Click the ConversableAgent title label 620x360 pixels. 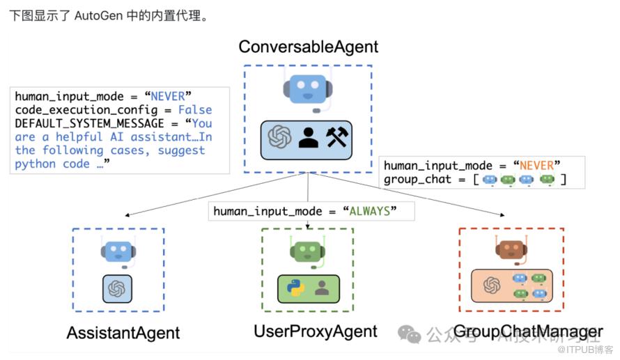click(308, 47)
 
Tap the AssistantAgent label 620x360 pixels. click(123, 333)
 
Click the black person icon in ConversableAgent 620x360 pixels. click(308, 137)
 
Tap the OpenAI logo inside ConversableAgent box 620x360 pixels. click(279, 137)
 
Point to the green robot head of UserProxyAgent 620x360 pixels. click(307, 251)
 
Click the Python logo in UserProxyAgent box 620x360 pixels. click(296, 288)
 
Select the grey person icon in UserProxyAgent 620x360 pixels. click(322, 288)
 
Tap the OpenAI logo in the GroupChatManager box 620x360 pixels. click(493, 285)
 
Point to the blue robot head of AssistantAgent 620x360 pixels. click(117, 251)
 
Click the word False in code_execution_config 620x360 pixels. click(195, 109)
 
